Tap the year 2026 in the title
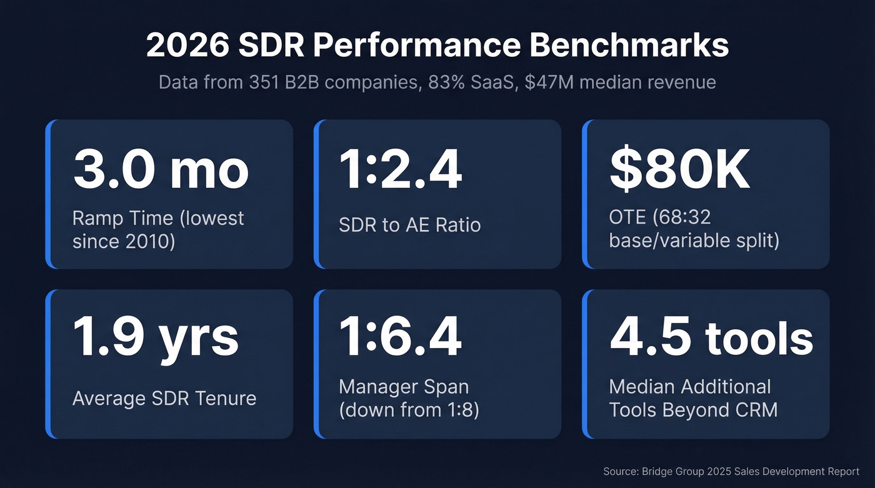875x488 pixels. coord(187,46)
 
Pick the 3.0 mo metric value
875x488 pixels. coord(161,170)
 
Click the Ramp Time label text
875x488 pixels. coord(122,218)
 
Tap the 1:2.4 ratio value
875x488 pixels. coord(400,170)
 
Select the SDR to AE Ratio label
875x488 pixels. coord(409,225)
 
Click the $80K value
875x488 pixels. coord(679,170)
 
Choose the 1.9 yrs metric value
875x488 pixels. coord(156,337)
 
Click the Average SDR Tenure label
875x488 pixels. coord(164,398)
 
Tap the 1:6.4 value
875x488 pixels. coord(400,337)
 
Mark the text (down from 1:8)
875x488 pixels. coord(409,410)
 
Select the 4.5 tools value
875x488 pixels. coord(711,337)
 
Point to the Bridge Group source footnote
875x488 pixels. coord(731,471)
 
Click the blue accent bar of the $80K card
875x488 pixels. coord(585,194)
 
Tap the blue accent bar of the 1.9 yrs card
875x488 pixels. coord(48,364)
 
